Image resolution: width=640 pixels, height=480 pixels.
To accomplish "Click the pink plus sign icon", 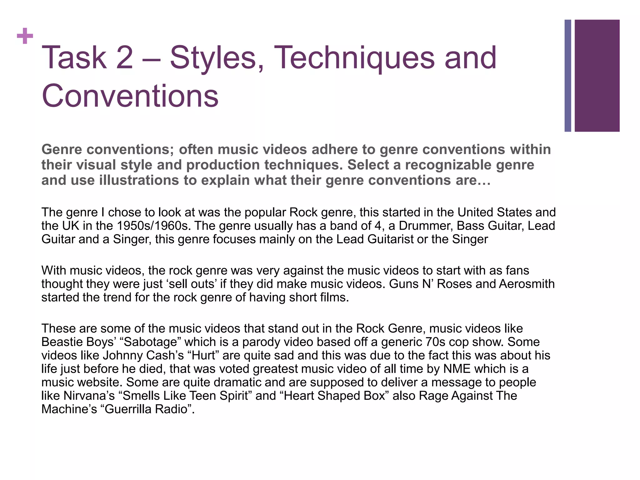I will point(25,36).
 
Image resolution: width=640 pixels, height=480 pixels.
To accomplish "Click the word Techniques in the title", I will point(354,58).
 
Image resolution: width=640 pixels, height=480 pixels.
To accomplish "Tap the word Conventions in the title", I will point(130,96).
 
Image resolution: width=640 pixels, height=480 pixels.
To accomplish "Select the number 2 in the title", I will point(124,58).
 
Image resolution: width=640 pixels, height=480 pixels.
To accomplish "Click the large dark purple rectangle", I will point(597,76).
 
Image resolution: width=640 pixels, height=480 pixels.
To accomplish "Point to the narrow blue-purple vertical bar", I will point(567,76).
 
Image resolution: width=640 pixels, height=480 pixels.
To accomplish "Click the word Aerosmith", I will point(527,284).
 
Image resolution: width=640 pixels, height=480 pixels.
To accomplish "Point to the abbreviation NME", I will point(457,369).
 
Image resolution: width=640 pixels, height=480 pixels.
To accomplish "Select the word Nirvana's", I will point(89,396).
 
